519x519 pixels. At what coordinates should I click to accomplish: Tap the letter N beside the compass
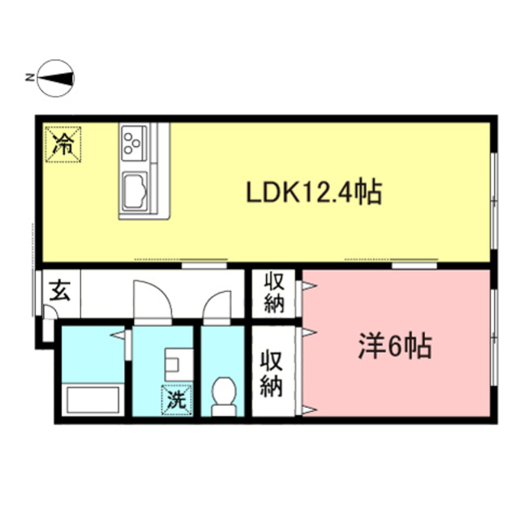(x=29, y=78)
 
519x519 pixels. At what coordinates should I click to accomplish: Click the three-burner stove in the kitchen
(x=132, y=143)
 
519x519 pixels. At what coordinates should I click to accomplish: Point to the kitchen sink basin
(x=135, y=192)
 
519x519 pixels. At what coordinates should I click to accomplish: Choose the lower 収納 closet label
(x=271, y=372)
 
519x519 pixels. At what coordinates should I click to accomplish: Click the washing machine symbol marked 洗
(x=176, y=397)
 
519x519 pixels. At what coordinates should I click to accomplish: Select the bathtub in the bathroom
(x=93, y=400)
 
